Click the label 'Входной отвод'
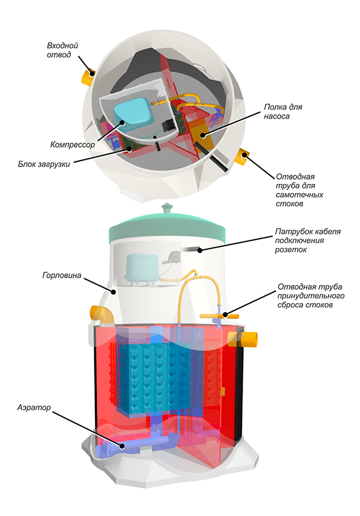coord(62,50)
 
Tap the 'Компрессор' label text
coord(73,145)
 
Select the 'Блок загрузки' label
coord(44,164)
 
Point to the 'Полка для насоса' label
coord(283,111)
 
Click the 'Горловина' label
coord(62,275)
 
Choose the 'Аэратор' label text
coord(34,407)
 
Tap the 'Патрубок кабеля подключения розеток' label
coord(308,241)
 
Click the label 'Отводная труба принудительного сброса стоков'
coord(311,296)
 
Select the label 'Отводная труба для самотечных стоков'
coord(299,190)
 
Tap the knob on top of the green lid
coord(168,208)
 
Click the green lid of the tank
coord(167,228)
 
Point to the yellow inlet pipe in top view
coord(88,77)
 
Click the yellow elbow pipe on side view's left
coord(102,315)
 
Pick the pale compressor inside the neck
coord(143,270)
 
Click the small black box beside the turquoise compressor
coord(169,126)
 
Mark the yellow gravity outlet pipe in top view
coord(241,157)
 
